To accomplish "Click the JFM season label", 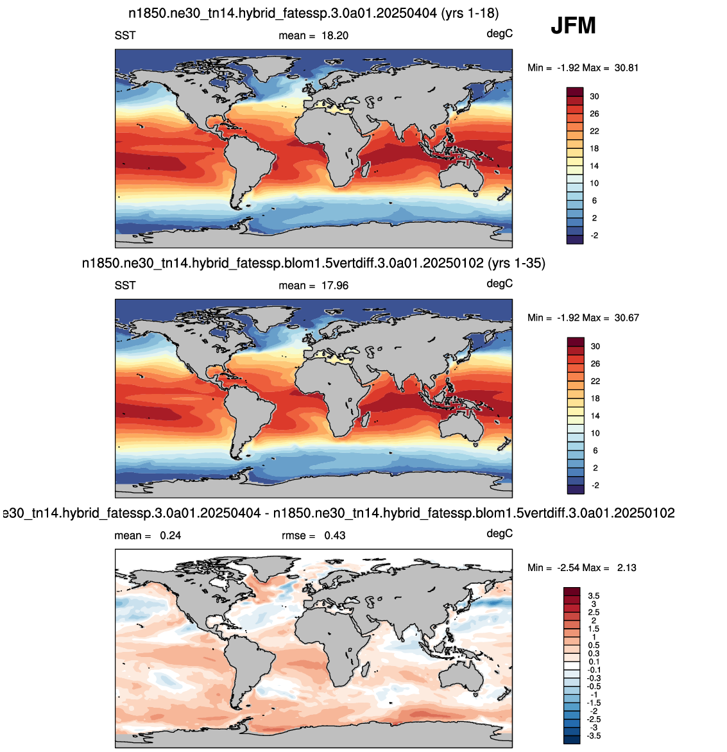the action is click(573, 25).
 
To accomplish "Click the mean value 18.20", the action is click(335, 35).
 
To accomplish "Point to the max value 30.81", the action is click(626, 67).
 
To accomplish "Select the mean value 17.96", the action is click(335, 286).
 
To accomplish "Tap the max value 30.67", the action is click(627, 318).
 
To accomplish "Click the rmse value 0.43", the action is click(335, 535).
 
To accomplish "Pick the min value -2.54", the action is click(569, 567).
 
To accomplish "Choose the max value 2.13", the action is click(627, 567).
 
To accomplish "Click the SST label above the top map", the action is click(125, 35).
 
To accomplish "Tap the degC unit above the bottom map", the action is click(500, 533).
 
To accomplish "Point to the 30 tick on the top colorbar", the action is click(595, 96).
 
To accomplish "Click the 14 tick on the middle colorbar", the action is click(595, 416).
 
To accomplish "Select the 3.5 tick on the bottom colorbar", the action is click(594, 595).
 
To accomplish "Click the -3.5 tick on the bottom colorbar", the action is click(593, 736).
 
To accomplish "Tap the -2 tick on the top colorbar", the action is click(594, 235).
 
